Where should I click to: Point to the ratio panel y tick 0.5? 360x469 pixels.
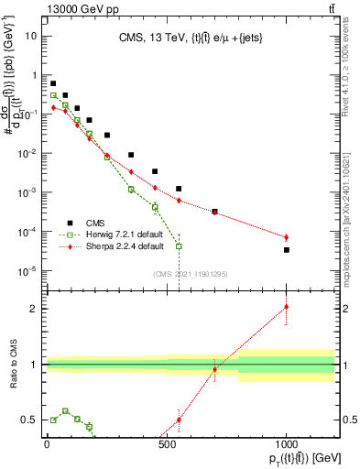[30, 420]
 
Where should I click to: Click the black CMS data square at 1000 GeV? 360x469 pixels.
[287, 249]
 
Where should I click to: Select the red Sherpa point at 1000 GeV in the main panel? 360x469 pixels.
[287, 237]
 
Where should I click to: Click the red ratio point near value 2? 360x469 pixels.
[287, 307]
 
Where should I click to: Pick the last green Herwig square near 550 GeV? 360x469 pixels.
[180, 246]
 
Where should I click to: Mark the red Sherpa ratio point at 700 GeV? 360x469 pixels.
[214, 369]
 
